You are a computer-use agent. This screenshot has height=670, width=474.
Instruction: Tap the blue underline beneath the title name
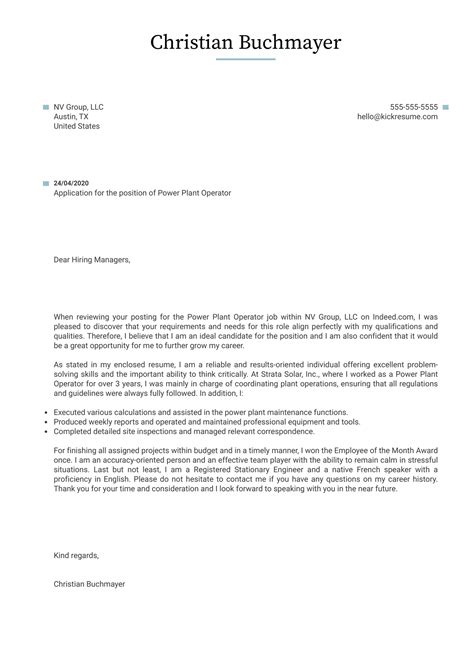point(245,59)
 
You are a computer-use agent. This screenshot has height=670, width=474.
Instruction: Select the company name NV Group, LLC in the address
point(78,107)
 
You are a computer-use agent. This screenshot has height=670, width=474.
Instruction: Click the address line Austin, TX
point(71,117)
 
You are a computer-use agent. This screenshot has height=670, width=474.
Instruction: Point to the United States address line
point(76,127)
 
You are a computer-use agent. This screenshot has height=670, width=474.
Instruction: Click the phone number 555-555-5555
point(413,107)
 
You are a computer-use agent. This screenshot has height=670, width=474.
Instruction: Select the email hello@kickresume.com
point(397,117)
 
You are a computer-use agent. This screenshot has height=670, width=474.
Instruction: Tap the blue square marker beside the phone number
point(445,107)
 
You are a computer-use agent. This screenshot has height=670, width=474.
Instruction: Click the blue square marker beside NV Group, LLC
point(46,107)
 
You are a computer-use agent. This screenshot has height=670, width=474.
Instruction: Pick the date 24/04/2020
point(72,184)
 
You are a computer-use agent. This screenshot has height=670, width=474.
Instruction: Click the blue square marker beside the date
point(46,184)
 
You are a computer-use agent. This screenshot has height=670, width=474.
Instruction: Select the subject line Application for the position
point(142,193)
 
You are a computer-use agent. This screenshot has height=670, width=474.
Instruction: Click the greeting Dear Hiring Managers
point(92,260)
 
